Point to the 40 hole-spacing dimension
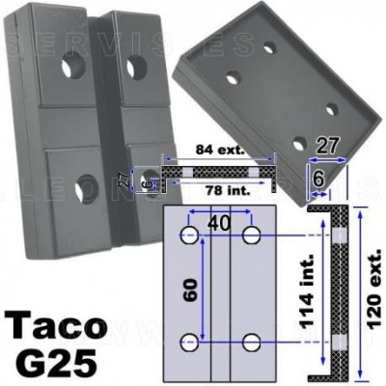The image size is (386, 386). point(221,223)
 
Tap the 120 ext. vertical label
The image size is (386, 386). point(374,289)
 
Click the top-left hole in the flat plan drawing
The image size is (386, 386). point(190,235)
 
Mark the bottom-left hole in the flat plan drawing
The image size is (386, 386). point(190,343)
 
